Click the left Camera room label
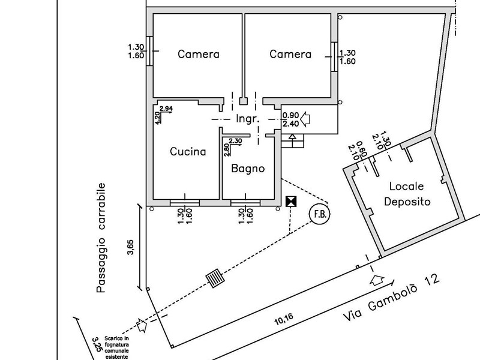tap(199, 55)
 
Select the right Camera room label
tap(290, 55)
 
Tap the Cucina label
tap(188, 152)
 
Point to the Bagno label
tap(248, 169)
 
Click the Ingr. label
tap(247, 119)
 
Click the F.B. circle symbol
tap(319, 214)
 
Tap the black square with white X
tap(291, 202)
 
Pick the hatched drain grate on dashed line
tap(215, 278)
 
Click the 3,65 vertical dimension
tap(131, 247)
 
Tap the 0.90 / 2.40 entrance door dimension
tap(290, 119)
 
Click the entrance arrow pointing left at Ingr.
tap(306, 119)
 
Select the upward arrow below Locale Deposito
tap(377, 280)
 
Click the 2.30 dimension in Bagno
tap(236, 141)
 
